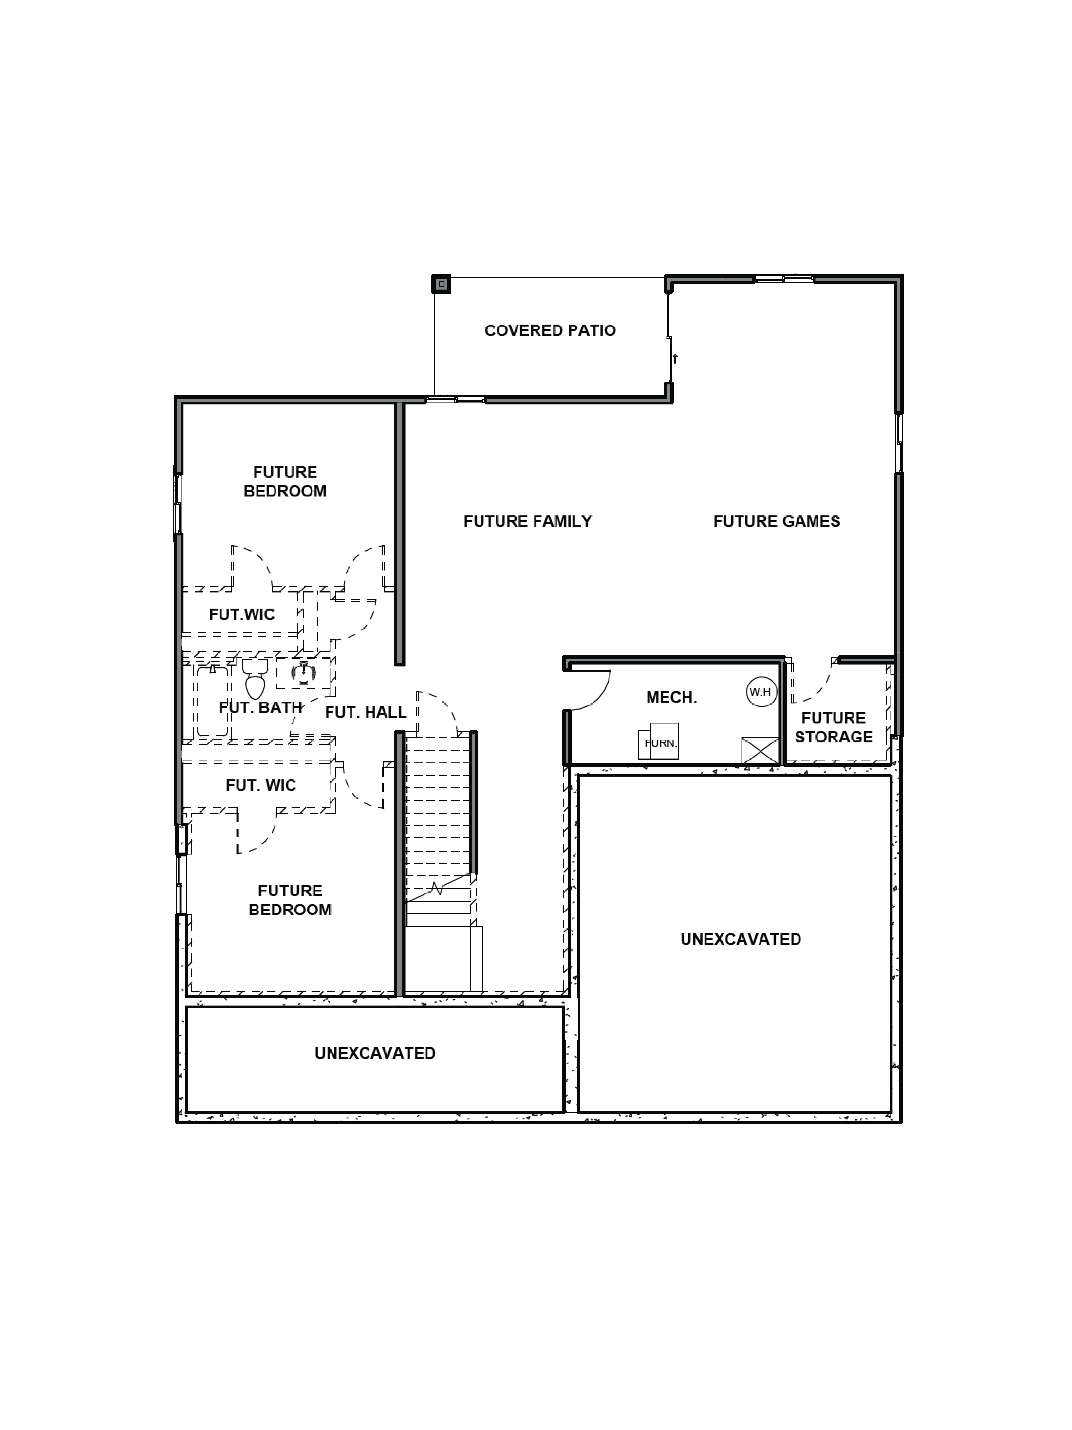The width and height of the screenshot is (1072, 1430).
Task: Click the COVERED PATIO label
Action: click(550, 330)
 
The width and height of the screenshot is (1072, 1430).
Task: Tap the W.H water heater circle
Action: click(760, 692)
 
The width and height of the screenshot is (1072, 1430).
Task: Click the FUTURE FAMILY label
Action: click(527, 521)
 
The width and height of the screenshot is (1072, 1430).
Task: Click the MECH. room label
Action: click(671, 697)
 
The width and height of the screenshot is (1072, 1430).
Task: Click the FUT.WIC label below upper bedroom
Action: click(242, 614)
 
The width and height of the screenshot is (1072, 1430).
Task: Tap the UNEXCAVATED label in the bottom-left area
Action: click(375, 1053)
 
